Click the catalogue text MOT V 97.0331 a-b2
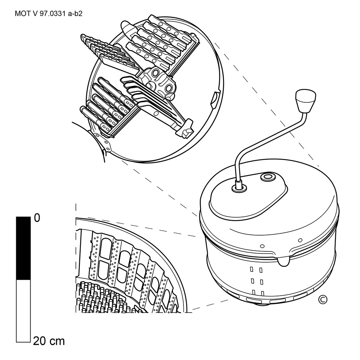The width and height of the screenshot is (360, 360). [49, 14]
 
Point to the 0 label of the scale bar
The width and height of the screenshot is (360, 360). [37, 218]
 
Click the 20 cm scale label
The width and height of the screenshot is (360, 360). [49, 341]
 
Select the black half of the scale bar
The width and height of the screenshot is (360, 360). [23, 248]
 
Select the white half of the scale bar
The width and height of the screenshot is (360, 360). [23, 311]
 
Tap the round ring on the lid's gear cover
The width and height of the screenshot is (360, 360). [267, 177]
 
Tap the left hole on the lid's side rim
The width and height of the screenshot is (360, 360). [262, 246]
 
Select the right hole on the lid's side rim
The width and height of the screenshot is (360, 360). [300, 240]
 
